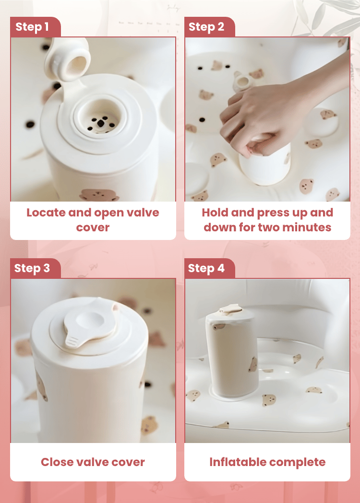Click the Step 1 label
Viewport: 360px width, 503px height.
[x=32, y=26]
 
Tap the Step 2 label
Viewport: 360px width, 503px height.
[x=206, y=26]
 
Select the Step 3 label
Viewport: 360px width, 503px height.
[x=32, y=268]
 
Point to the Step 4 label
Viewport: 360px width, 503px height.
[x=206, y=268]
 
